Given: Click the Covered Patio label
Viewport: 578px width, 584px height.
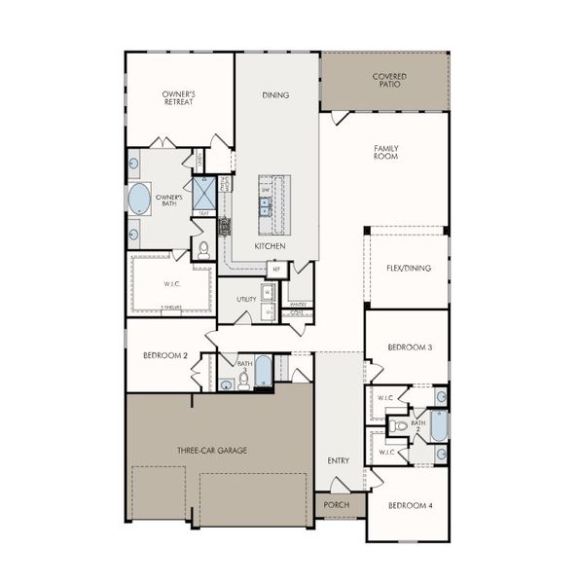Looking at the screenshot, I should pyautogui.click(x=389, y=80).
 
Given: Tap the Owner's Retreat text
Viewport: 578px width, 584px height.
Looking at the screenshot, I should pyautogui.click(x=179, y=97).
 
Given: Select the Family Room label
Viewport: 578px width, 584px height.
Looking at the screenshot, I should pyautogui.click(x=386, y=152).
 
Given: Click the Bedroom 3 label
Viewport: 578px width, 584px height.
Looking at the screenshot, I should pyautogui.click(x=409, y=347).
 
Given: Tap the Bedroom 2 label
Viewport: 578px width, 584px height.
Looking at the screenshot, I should pyautogui.click(x=158, y=355).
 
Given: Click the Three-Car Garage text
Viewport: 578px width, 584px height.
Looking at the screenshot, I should pyautogui.click(x=211, y=450).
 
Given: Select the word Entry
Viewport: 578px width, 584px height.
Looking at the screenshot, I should pyautogui.click(x=339, y=460).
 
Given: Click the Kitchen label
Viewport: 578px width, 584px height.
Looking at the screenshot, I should pyautogui.click(x=269, y=247).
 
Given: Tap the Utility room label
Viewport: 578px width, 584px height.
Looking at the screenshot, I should pyautogui.click(x=246, y=299).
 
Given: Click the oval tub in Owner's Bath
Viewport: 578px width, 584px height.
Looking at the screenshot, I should pyautogui.click(x=140, y=199).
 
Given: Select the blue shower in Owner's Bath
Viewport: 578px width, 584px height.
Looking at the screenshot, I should pyautogui.click(x=204, y=192).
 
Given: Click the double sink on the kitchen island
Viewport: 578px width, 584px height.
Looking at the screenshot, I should pyautogui.click(x=265, y=204).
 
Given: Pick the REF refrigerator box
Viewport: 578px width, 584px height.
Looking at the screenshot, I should pyautogui.click(x=276, y=269).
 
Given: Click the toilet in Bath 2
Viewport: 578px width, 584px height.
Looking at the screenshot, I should pyautogui.click(x=400, y=426).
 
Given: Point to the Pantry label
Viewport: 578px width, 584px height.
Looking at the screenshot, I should pyautogui.click(x=298, y=304).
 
